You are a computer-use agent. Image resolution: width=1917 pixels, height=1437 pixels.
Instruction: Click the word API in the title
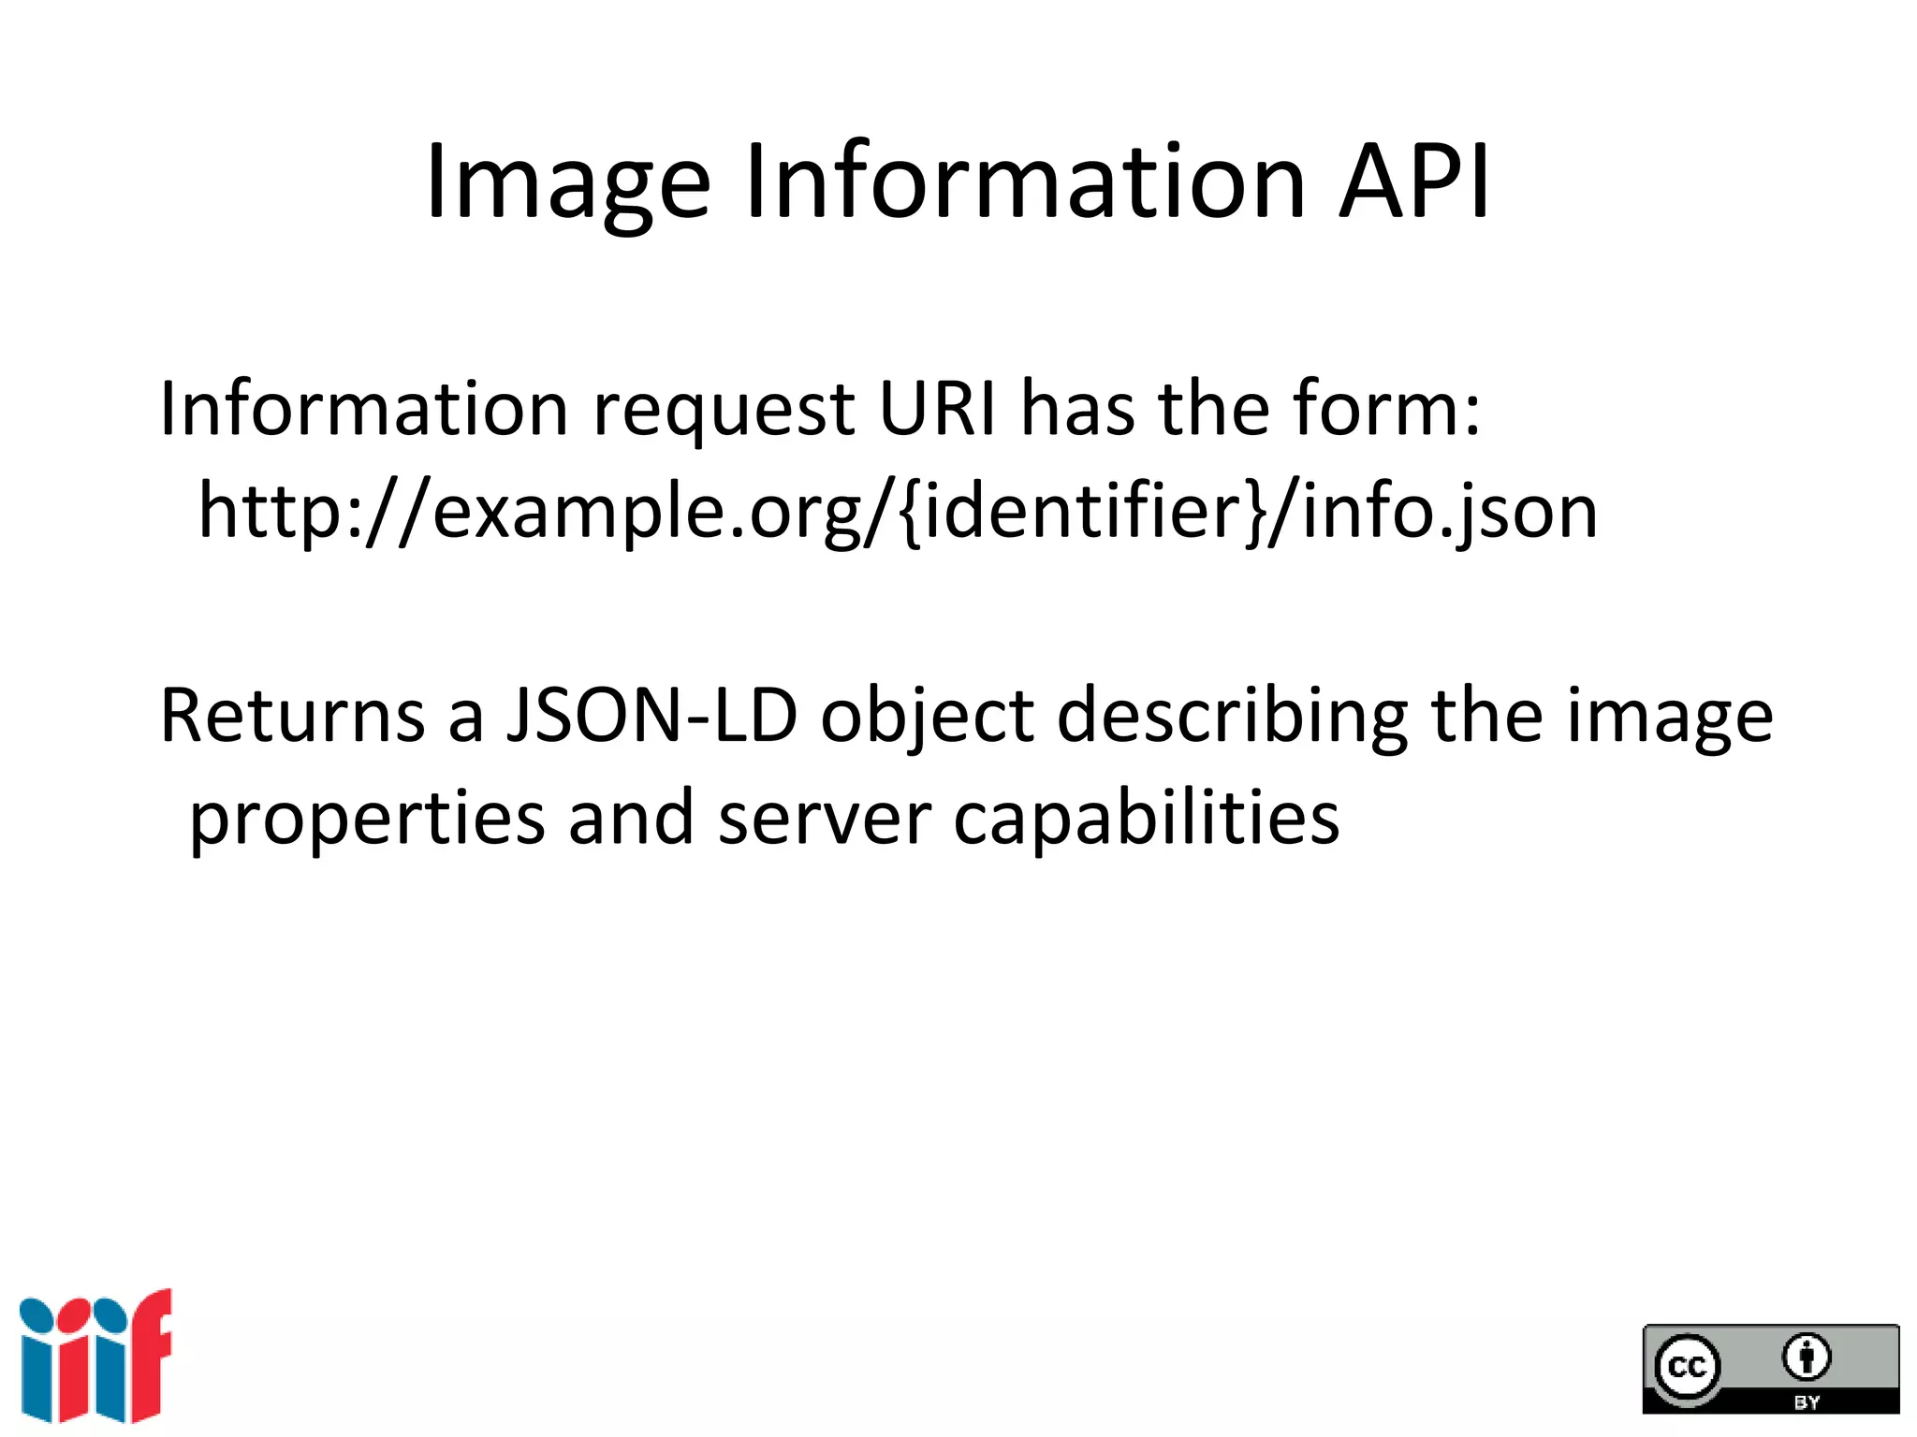[1414, 181]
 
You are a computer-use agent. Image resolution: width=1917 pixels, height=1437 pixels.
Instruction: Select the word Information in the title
[1024, 181]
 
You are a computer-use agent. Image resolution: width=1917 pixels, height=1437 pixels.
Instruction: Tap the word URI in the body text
[938, 409]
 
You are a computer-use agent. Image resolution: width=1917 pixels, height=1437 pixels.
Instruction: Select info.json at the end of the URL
[1450, 513]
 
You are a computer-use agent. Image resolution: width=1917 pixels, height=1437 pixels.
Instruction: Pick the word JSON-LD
[651, 716]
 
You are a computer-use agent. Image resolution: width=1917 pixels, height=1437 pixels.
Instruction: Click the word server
[824, 820]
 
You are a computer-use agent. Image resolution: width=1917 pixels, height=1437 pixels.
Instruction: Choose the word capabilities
[1146, 820]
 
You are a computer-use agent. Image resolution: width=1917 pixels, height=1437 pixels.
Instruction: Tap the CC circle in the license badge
[1688, 1367]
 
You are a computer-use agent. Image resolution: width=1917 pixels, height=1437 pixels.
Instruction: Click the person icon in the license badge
[1806, 1357]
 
